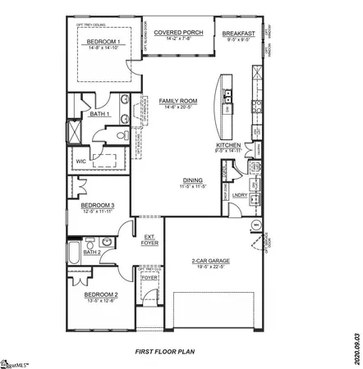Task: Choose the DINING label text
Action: [193, 181]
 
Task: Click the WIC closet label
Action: [80, 162]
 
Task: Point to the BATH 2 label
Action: [92, 252]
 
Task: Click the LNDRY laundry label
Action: [240, 195]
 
